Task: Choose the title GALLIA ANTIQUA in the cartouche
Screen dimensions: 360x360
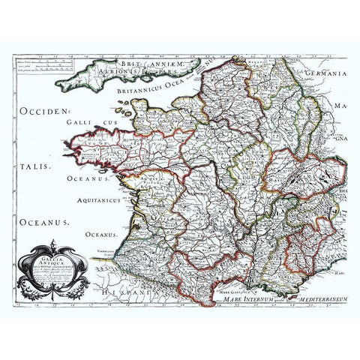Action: click(57, 259)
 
